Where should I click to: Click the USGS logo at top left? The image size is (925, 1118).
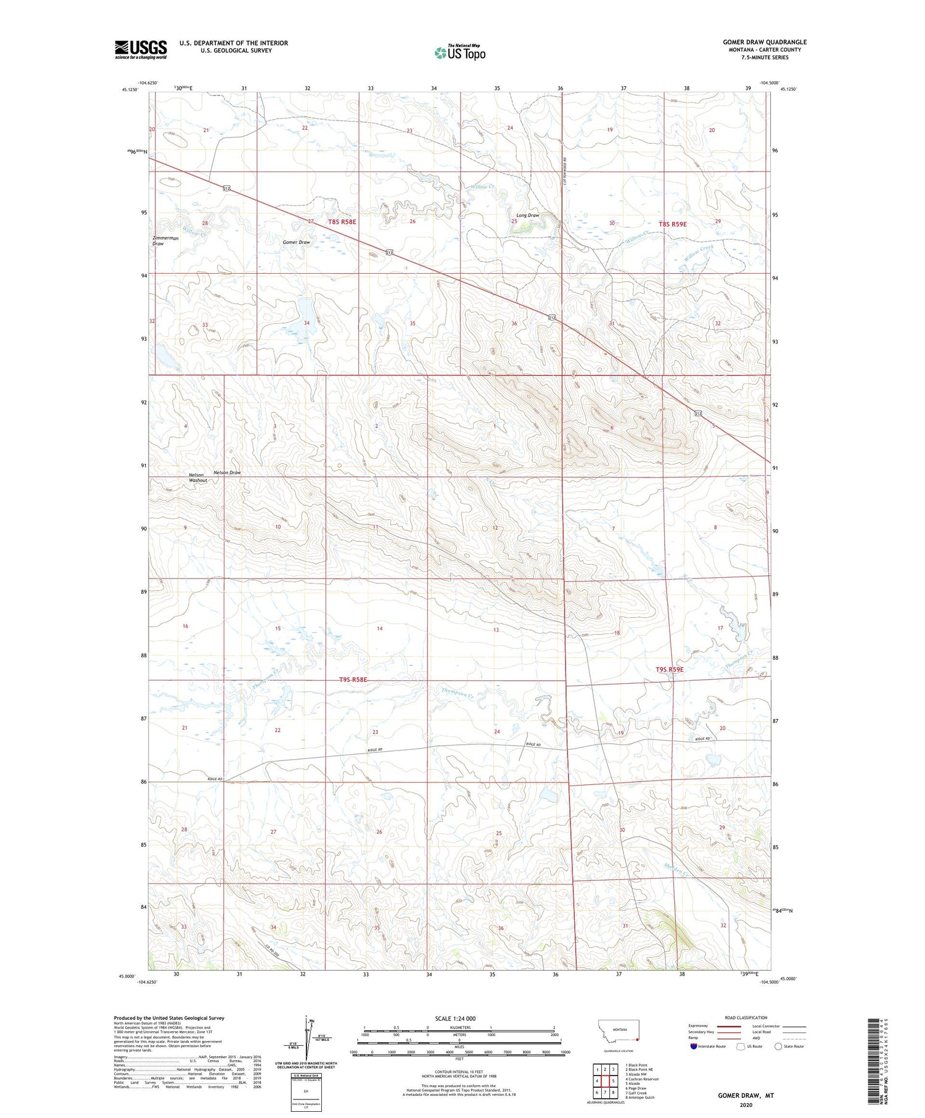pyautogui.click(x=141, y=49)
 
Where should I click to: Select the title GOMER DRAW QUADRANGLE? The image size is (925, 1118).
pyautogui.click(x=764, y=42)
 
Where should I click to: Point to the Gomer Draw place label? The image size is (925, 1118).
pyautogui.click(x=296, y=242)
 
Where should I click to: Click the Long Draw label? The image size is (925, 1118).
pyautogui.click(x=527, y=215)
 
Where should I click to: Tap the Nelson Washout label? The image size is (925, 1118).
pyautogui.click(x=198, y=477)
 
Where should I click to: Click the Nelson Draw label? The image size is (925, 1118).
pyautogui.click(x=226, y=472)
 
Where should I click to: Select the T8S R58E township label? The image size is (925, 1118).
pyautogui.click(x=342, y=221)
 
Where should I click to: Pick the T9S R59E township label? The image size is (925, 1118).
pyautogui.click(x=669, y=669)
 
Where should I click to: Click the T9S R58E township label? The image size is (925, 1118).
pyautogui.click(x=353, y=680)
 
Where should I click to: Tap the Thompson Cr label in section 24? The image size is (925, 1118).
pyautogui.click(x=457, y=693)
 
